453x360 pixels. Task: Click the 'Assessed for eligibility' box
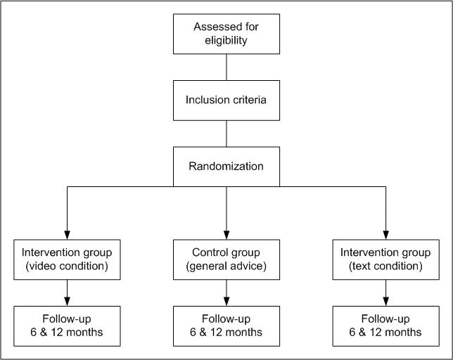pos(226,34)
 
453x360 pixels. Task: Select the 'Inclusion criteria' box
pos(226,100)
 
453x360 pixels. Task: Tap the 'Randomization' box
pos(226,167)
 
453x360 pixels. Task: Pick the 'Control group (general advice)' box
pos(226,259)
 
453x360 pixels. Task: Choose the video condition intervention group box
pos(67,259)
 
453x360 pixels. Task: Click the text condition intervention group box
pos(385,259)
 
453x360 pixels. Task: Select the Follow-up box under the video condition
pos(67,326)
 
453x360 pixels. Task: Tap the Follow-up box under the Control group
pos(226,326)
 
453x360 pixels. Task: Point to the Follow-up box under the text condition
pos(385,326)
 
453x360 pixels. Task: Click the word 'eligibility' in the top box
pos(226,41)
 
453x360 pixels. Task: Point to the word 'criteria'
pos(250,100)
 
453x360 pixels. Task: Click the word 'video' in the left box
pos(40,266)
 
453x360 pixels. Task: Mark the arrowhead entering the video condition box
pos(67,235)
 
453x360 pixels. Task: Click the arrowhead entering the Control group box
pos(226,235)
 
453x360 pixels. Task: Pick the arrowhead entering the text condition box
pos(385,235)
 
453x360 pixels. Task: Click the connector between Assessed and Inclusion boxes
pos(226,67)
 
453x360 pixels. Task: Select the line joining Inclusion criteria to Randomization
pos(226,134)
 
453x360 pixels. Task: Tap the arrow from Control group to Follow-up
pos(226,292)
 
